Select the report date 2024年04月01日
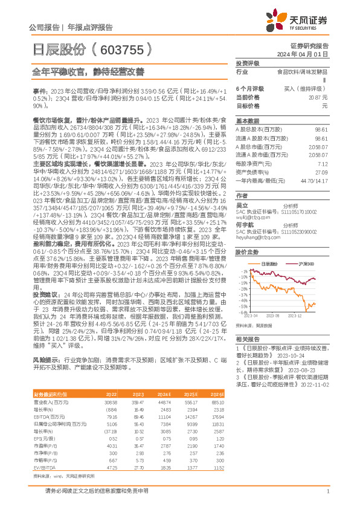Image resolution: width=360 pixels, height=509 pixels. tap(308, 54)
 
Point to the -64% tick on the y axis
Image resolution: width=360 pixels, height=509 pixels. tap(240, 313)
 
